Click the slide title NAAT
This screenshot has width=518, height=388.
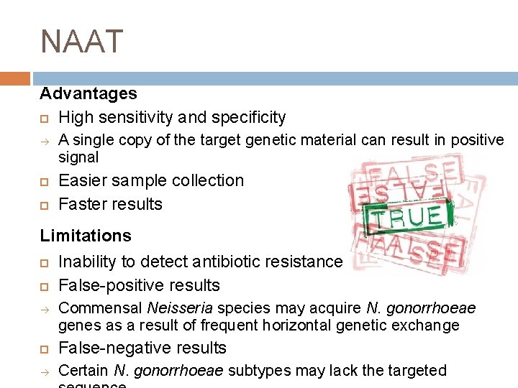coord(82,42)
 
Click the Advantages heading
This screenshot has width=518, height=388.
coord(88,93)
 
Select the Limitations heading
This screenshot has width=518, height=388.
coord(86,236)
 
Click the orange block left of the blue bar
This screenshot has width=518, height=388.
coord(15,78)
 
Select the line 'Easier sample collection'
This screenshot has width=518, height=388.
coord(151,180)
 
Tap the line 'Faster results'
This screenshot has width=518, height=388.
coord(110,204)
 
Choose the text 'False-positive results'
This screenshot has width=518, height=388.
coord(139,285)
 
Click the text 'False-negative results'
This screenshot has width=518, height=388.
coord(142,348)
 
